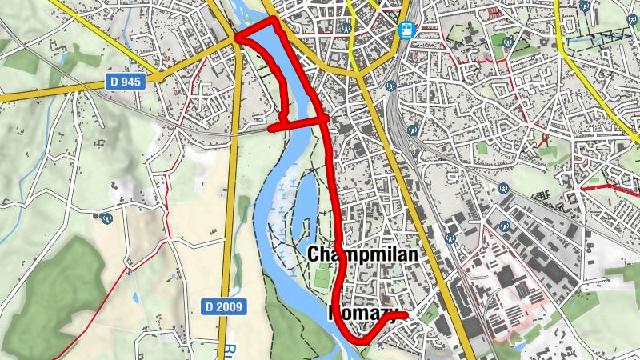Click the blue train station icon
pos(406,30)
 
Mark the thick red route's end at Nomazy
pos(406,316)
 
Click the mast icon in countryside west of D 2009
pos(106,215)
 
